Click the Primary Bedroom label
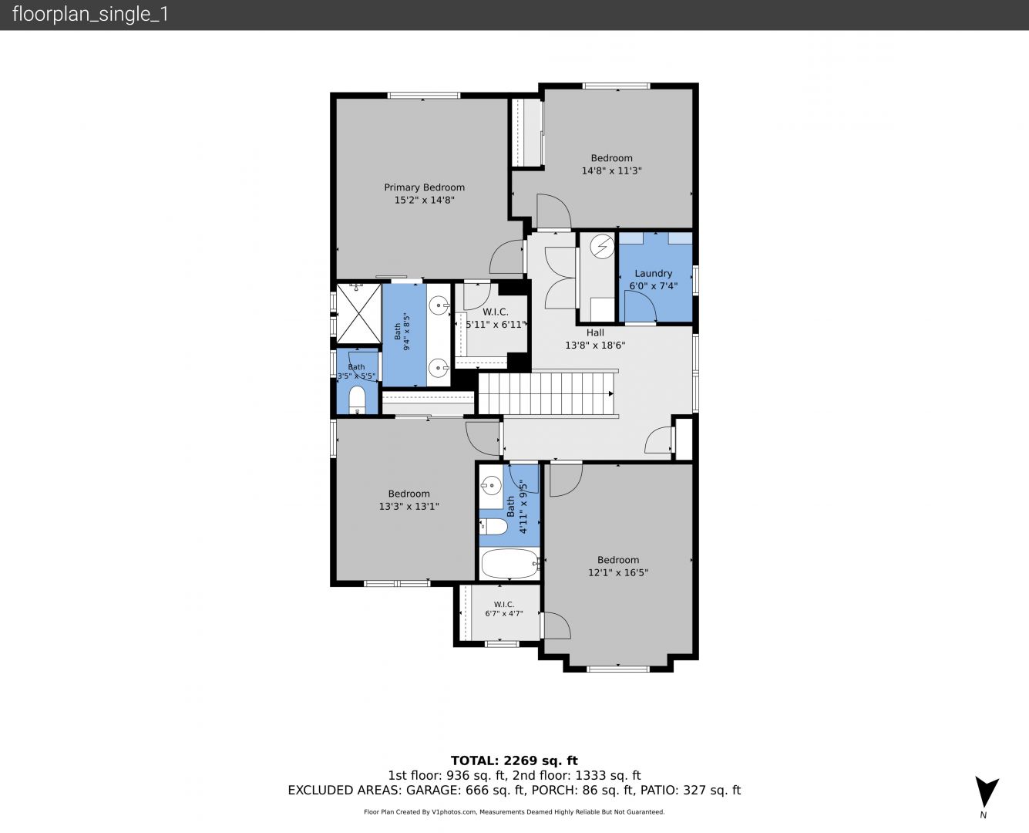[x=424, y=187]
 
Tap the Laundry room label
[x=653, y=274]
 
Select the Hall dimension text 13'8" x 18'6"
[x=595, y=346]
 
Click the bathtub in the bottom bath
[x=510, y=563]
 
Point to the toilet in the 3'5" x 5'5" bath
[x=357, y=400]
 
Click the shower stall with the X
[x=358, y=313]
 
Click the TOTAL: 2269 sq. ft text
[x=514, y=760]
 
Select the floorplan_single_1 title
[x=90, y=15]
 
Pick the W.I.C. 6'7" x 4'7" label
[x=504, y=609]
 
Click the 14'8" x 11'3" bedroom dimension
[x=611, y=170]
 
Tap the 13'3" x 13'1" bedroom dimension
[x=409, y=506]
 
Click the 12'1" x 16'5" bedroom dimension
[x=618, y=572]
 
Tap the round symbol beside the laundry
[x=602, y=247]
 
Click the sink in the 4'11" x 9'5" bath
[x=492, y=485]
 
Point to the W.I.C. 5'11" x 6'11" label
[x=495, y=318]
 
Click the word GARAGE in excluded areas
[x=433, y=790]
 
